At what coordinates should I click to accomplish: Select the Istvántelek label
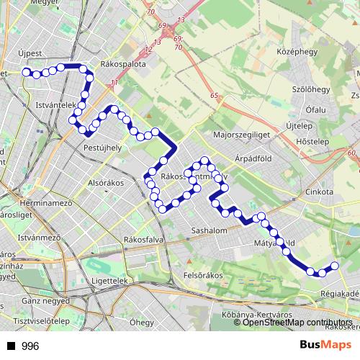point(55,105)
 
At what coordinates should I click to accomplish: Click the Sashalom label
point(210,231)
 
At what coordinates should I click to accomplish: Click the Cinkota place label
point(320,192)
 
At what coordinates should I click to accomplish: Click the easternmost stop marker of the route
point(334,267)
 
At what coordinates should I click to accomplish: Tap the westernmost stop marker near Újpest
point(27,72)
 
